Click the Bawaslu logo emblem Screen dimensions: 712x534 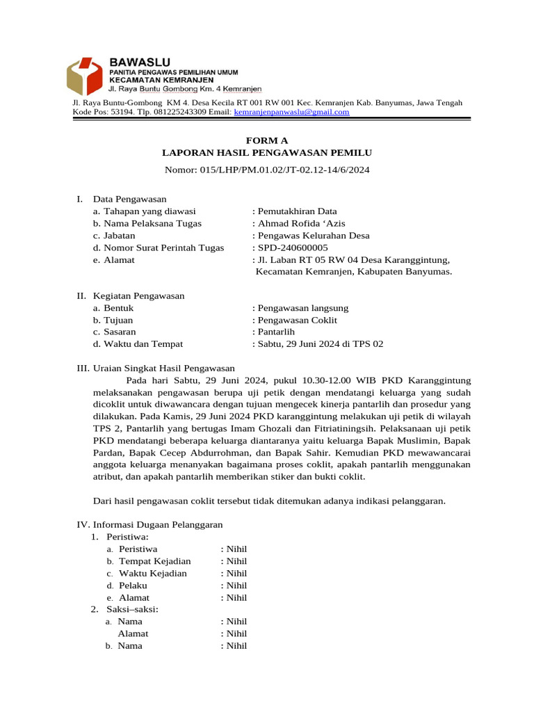[x=86, y=76]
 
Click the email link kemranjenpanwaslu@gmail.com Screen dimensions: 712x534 [x=291, y=112]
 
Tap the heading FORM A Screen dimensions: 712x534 [x=267, y=140]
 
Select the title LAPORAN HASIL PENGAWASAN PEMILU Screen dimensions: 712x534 [x=267, y=152]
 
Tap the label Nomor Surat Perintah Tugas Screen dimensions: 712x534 [x=158, y=248]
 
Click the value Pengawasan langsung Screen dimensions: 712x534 [x=302, y=308]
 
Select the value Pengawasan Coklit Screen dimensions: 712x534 [x=296, y=320]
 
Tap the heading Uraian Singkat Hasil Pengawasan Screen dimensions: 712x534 [x=164, y=368]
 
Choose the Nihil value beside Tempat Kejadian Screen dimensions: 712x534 [x=234, y=561]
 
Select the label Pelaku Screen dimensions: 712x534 [x=133, y=585]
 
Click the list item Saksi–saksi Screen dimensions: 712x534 [x=132, y=609]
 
